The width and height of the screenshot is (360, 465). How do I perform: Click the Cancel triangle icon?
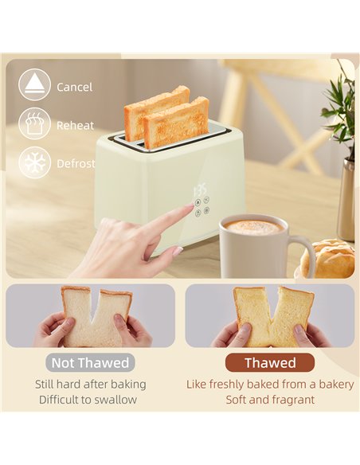point(34,85)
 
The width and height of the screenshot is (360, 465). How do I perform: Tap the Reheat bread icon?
point(34,123)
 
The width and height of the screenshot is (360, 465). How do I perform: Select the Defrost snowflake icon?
point(34,162)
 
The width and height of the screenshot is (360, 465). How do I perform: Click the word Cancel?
point(74,88)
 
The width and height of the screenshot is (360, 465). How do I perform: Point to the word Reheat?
point(76,126)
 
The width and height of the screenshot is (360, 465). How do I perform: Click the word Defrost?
point(76,164)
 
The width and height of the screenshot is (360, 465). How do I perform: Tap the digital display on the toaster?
point(200,190)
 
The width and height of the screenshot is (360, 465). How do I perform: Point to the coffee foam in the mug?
point(253,227)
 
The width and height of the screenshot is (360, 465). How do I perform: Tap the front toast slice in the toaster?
point(177,123)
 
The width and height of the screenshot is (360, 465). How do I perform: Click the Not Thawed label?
point(90,363)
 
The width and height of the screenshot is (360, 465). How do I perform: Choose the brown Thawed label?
point(270,363)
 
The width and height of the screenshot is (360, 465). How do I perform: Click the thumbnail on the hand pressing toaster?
point(178,251)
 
